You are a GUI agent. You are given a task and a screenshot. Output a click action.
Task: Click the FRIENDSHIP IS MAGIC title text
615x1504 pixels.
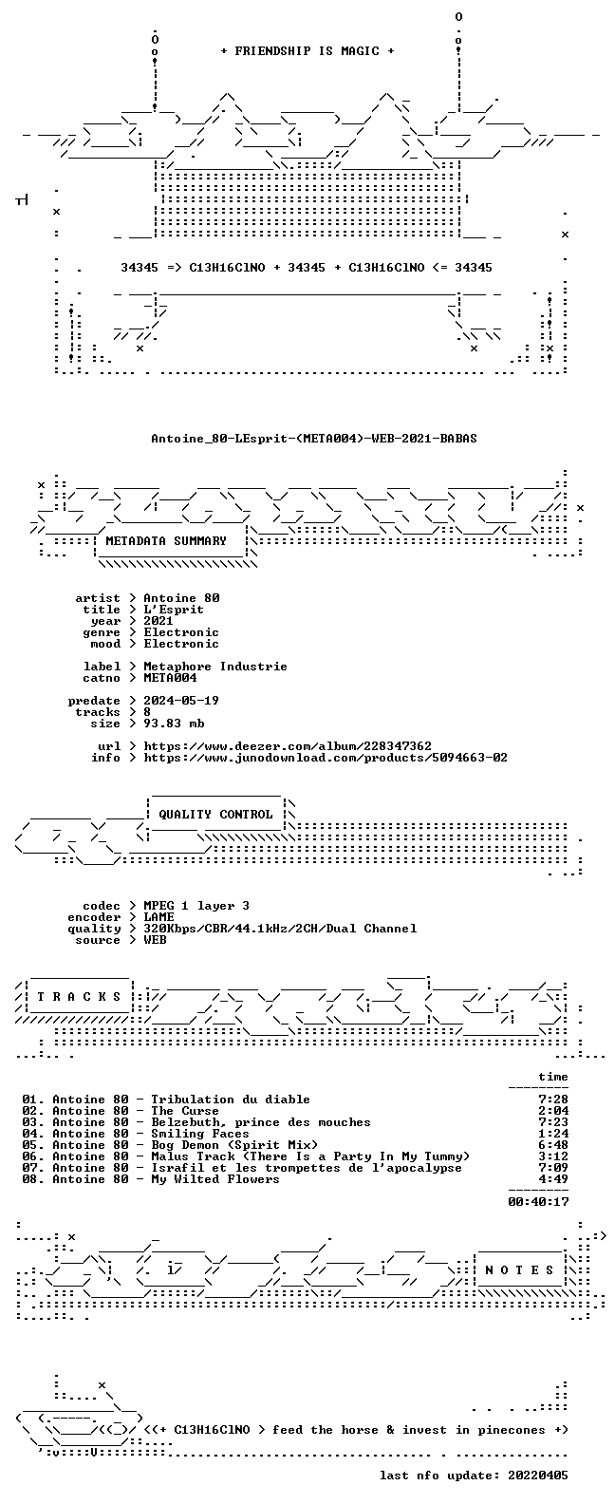coord(307,51)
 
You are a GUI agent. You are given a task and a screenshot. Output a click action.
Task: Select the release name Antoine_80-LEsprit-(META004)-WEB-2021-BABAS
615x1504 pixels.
coord(314,439)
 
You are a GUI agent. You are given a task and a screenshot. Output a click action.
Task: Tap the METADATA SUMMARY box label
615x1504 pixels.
coord(166,541)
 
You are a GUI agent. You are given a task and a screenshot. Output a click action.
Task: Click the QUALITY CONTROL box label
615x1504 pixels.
coord(215,815)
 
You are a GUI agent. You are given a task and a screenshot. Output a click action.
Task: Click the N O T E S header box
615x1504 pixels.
coord(520,1269)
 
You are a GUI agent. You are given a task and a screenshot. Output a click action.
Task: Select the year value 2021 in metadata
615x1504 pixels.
coord(158,621)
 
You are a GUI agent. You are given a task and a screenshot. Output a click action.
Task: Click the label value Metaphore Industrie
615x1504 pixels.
coord(215,667)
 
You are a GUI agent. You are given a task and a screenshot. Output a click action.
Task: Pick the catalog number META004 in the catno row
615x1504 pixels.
coord(170,678)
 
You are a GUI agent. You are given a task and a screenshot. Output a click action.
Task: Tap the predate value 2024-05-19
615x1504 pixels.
coord(181,701)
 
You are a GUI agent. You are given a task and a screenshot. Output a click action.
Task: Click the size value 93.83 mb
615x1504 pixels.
coord(174,724)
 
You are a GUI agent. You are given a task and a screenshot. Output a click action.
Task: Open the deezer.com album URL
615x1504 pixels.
coord(288,746)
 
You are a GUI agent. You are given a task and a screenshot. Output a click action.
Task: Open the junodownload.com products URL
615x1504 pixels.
coord(326,758)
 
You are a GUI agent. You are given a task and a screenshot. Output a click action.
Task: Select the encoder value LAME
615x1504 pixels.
coord(158,917)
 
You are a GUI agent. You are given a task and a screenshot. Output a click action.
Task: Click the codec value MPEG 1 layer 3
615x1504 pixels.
coord(196,906)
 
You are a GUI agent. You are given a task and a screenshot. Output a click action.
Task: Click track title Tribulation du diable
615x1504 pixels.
coord(231,1100)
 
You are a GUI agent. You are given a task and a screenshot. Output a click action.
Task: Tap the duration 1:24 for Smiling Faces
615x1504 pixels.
coord(553,1134)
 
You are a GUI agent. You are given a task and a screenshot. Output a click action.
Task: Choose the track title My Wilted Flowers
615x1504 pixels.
coord(215,1179)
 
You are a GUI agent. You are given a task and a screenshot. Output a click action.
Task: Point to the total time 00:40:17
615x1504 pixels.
coord(538,1202)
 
